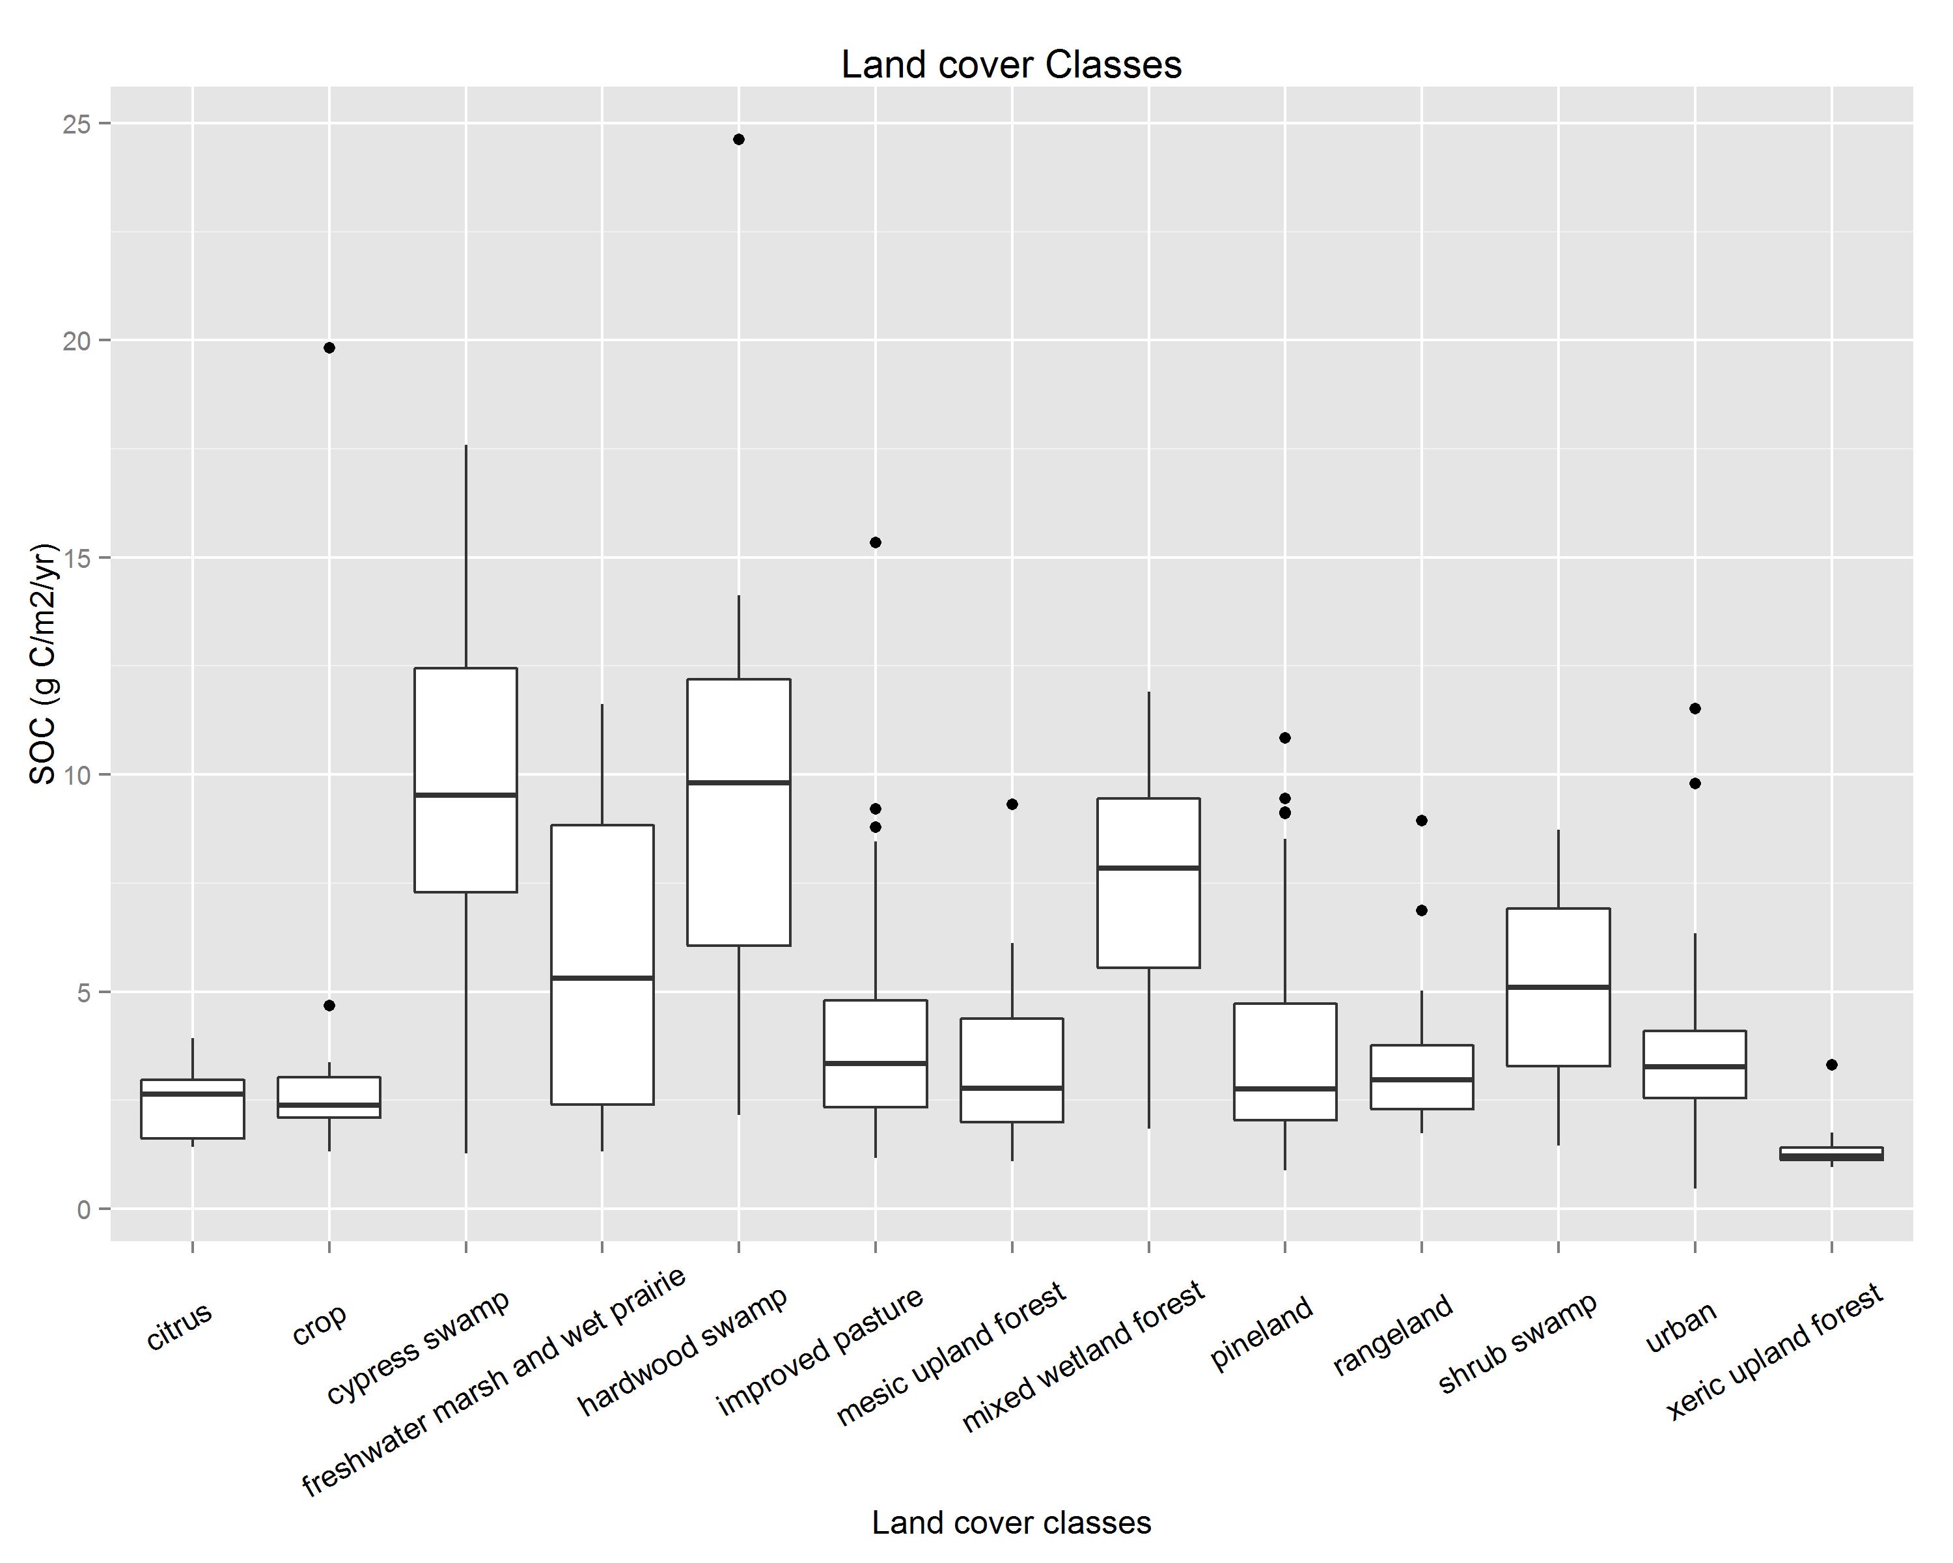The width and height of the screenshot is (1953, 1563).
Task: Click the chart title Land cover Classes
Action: point(1011,65)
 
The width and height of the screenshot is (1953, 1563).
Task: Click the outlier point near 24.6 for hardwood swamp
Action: point(739,139)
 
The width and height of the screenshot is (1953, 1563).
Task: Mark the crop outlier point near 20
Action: point(329,348)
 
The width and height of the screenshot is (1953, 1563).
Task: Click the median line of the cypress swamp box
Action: point(465,795)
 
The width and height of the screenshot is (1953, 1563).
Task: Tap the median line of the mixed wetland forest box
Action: point(1148,868)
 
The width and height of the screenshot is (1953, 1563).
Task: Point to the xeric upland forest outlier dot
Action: point(1832,1065)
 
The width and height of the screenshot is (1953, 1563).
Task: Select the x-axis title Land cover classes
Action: point(1011,1522)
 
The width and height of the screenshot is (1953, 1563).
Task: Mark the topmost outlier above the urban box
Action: point(1695,709)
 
